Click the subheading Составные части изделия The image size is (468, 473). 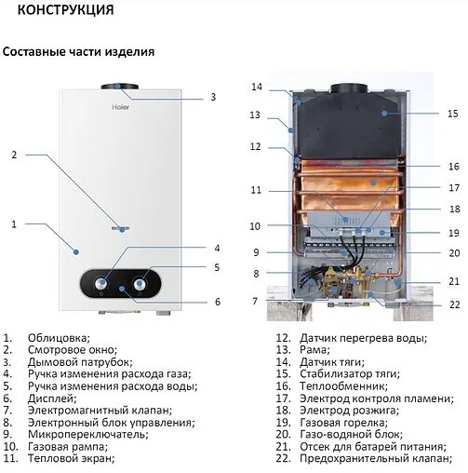pyautogui.click(x=78, y=52)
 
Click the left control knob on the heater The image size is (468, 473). pyautogui.click(x=101, y=283)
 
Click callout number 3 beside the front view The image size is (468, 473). pyautogui.click(x=212, y=97)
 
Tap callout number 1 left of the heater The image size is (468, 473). pyautogui.click(x=13, y=223)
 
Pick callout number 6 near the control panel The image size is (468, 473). pyautogui.click(x=217, y=302)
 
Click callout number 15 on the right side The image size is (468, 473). pyautogui.click(x=453, y=114)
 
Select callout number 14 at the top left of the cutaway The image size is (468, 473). pyautogui.click(x=257, y=87)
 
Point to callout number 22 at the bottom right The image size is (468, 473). pyautogui.click(x=453, y=304)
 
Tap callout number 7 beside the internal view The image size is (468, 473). pyautogui.click(x=254, y=301)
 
